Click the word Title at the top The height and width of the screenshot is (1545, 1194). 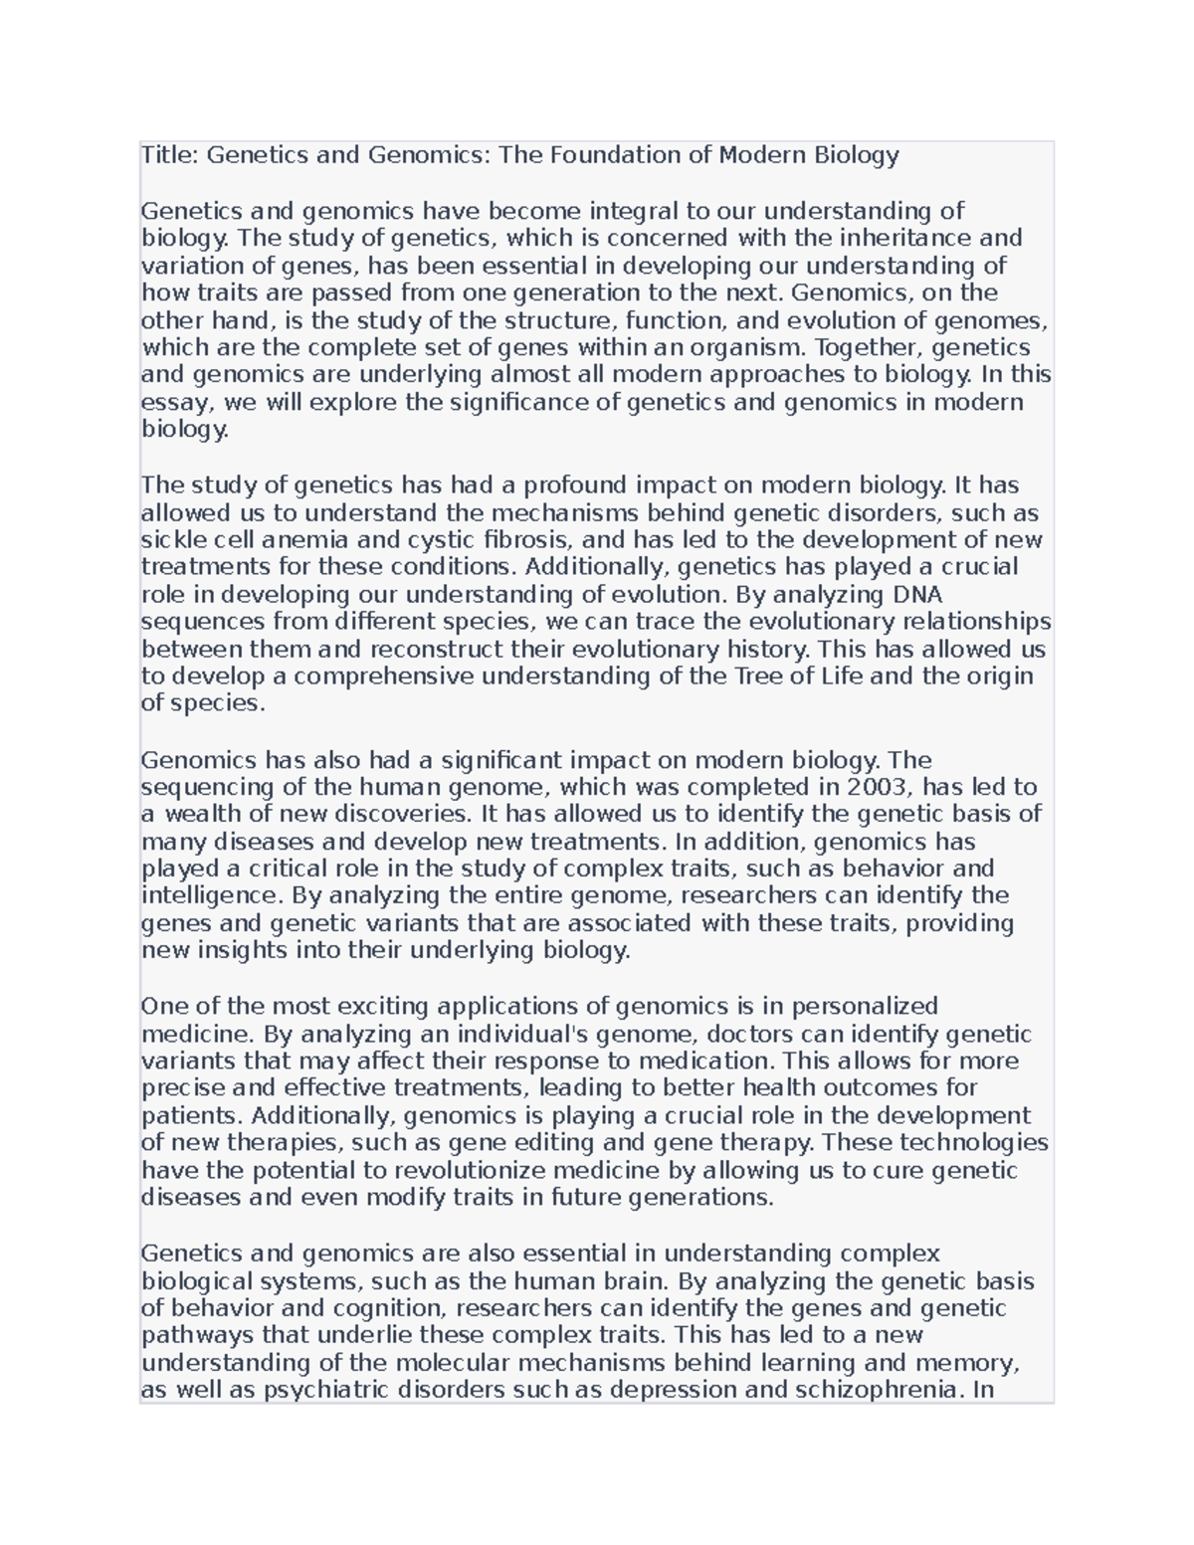coord(169,155)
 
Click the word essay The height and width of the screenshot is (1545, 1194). coord(175,403)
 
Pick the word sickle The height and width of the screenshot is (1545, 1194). coord(172,540)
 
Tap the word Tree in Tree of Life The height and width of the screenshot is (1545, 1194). coord(759,676)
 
